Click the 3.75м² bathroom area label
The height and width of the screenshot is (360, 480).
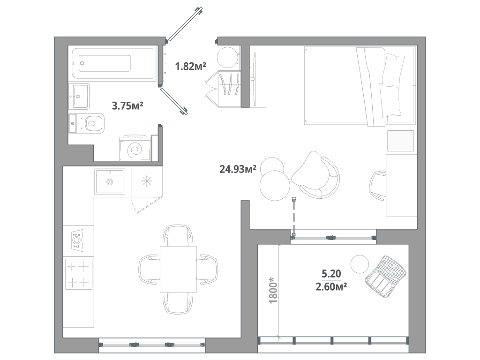click(x=127, y=106)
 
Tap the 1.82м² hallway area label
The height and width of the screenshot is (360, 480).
click(x=191, y=67)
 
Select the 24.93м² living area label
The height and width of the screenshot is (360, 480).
click(x=238, y=169)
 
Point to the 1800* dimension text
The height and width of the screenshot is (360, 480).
click(x=274, y=290)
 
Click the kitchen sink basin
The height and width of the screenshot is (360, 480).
click(x=110, y=181)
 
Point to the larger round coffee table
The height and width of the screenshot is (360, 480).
click(x=274, y=186)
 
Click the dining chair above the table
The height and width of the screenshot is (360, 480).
click(x=178, y=234)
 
